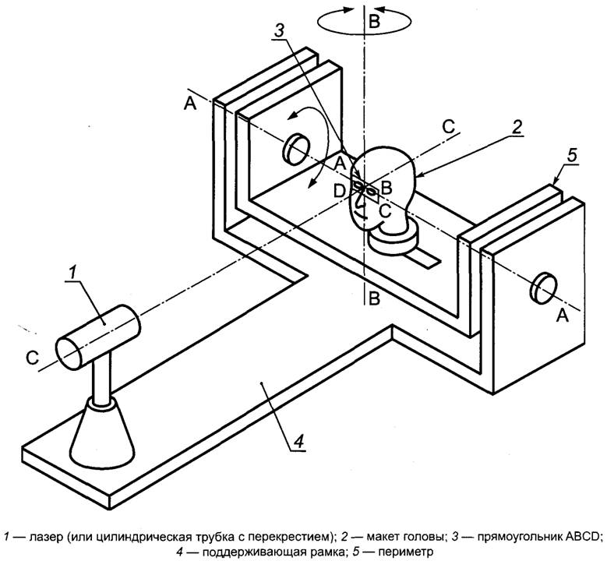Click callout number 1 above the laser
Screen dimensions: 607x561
click(x=72, y=273)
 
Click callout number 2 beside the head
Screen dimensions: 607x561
click(x=517, y=126)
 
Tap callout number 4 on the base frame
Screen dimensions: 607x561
click(x=298, y=440)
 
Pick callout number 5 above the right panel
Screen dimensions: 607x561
click(x=572, y=155)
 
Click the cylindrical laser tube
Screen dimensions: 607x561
click(x=98, y=336)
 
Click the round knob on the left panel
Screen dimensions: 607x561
click(x=297, y=148)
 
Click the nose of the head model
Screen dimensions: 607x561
click(x=359, y=200)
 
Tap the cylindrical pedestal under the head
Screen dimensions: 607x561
click(x=393, y=238)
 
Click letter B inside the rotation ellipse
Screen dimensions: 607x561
click(x=374, y=22)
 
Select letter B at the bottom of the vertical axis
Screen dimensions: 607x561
click(x=374, y=299)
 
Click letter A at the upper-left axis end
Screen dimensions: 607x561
click(x=190, y=104)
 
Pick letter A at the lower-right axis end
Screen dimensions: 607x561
click(x=562, y=316)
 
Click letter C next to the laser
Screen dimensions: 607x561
click(x=33, y=358)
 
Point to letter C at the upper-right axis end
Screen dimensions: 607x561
click(x=449, y=126)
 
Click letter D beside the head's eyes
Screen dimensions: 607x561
click(x=340, y=191)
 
